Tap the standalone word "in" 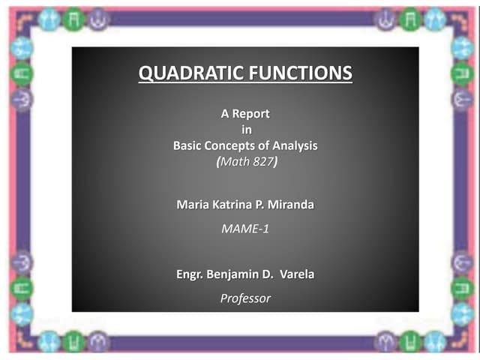click(244, 130)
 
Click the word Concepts click(235, 145)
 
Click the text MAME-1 click(244, 228)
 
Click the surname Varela click(297, 274)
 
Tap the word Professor click(245, 298)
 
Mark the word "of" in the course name click(265, 145)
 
